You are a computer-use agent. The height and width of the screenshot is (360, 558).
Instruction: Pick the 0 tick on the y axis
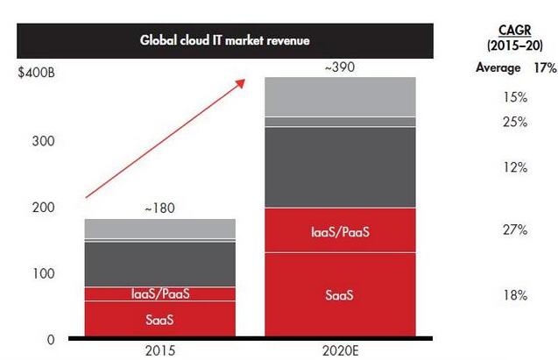point(51,339)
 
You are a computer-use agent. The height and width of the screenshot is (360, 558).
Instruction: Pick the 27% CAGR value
point(515,229)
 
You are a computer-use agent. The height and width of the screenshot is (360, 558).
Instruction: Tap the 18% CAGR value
point(515,295)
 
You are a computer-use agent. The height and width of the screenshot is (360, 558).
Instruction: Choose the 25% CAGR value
point(515,122)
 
